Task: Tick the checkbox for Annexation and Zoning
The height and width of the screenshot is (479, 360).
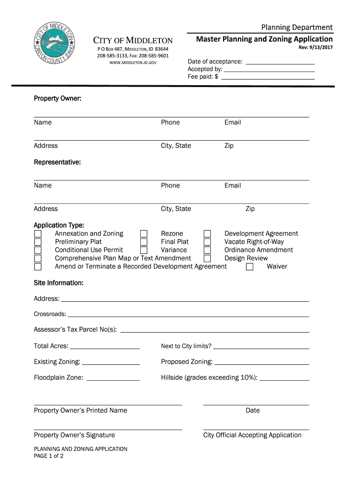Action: (x=38, y=234)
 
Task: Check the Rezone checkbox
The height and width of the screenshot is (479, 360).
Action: (x=144, y=234)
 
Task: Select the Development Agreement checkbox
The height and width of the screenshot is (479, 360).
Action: (x=208, y=234)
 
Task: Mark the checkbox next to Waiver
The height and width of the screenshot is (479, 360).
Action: (x=250, y=267)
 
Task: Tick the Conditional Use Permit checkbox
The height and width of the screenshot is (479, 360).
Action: (x=38, y=250)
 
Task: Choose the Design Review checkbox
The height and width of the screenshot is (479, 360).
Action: (x=208, y=259)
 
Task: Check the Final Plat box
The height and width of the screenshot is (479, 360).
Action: (x=144, y=242)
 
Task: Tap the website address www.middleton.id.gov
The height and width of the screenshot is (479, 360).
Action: (x=133, y=63)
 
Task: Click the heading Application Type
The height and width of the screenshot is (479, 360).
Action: (x=59, y=225)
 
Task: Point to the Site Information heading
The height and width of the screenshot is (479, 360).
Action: (x=58, y=283)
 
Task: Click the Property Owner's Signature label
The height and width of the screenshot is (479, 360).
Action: (x=74, y=435)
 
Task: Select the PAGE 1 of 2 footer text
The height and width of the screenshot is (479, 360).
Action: (x=49, y=457)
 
